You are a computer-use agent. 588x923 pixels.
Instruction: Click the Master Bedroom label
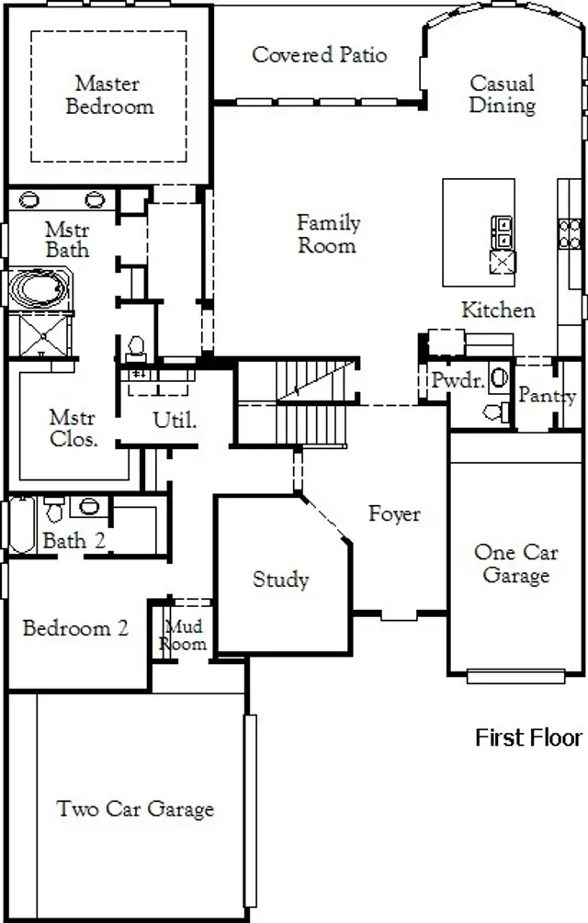pyautogui.click(x=108, y=95)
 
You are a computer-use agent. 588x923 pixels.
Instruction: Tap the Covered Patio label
pyautogui.click(x=319, y=55)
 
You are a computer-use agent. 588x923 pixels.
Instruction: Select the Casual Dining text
pyautogui.click(x=502, y=95)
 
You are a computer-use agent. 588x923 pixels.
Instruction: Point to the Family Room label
pyautogui.click(x=328, y=234)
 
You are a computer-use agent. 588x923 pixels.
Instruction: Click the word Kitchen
pyautogui.click(x=498, y=310)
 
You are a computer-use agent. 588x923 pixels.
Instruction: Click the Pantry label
pyautogui.click(x=547, y=396)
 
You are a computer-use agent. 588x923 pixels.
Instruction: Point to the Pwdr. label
pyautogui.click(x=458, y=381)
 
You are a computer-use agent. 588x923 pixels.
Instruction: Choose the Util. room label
pyautogui.click(x=175, y=422)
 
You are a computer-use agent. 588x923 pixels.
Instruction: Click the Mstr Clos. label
pyautogui.click(x=73, y=429)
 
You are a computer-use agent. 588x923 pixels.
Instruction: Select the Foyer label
pyautogui.click(x=394, y=513)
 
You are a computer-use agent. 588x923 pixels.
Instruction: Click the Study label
pyautogui.click(x=280, y=580)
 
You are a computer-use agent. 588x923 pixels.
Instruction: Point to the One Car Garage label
pyautogui.click(x=514, y=564)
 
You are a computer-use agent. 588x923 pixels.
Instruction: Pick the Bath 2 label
pyautogui.click(x=73, y=541)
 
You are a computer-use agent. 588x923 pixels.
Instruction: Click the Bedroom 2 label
pyautogui.click(x=75, y=629)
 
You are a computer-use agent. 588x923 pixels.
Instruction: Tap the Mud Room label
pyautogui.click(x=183, y=636)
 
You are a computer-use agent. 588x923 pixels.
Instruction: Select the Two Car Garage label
pyautogui.click(x=135, y=809)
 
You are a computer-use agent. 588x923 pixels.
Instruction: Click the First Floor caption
pyautogui.click(x=528, y=737)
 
